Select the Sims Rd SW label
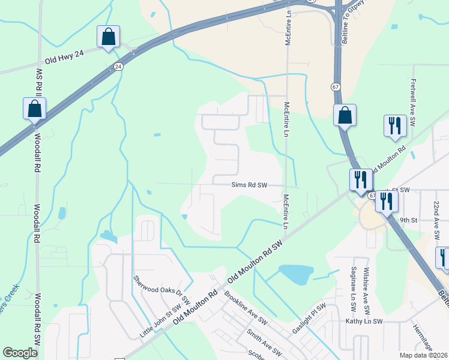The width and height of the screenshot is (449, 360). (249, 186)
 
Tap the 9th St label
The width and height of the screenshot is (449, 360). (409, 220)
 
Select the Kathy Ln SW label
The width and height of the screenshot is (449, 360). (364, 322)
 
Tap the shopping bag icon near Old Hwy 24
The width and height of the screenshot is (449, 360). (108, 37)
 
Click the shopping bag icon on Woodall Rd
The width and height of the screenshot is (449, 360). (34, 109)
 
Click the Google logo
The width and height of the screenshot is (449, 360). (20, 353)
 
